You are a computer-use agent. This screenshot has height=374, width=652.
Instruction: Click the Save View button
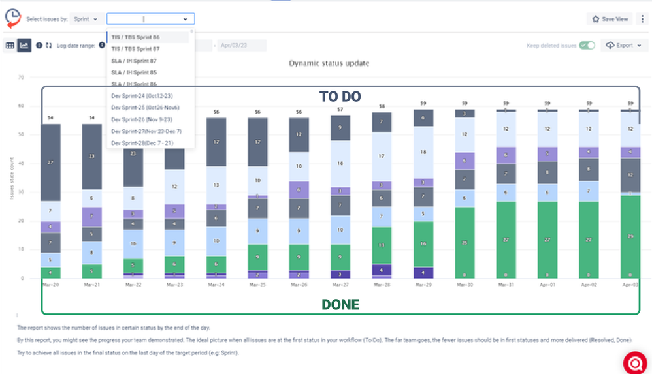[610, 19]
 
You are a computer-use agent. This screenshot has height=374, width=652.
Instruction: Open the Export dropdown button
[623, 46]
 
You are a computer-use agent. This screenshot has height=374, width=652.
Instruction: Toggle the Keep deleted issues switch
[587, 46]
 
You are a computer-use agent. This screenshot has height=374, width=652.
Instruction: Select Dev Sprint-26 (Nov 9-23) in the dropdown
[140, 119]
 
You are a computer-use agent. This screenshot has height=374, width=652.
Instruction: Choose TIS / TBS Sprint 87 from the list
[135, 49]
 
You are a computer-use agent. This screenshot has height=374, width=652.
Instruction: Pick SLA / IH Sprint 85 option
[134, 72]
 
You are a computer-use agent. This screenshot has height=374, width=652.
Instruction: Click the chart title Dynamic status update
[329, 63]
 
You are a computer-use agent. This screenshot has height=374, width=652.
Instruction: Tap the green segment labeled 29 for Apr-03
[630, 237]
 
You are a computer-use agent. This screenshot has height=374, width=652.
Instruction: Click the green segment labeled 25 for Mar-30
[465, 243]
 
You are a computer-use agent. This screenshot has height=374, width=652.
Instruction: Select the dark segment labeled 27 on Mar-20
[50, 162]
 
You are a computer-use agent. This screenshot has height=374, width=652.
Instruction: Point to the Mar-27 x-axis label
[340, 285]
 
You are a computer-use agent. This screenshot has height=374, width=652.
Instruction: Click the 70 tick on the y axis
[21, 77]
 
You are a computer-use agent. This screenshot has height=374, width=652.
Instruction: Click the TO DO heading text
[340, 97]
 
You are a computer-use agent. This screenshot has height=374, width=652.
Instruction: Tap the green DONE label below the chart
[340, 304]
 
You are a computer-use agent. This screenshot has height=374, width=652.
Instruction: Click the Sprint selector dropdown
[87, 20]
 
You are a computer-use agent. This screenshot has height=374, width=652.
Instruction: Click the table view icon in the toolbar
[10, 46]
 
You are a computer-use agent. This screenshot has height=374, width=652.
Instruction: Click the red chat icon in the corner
[634, 362]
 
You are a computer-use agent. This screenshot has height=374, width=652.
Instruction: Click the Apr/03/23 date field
[242, 46]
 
